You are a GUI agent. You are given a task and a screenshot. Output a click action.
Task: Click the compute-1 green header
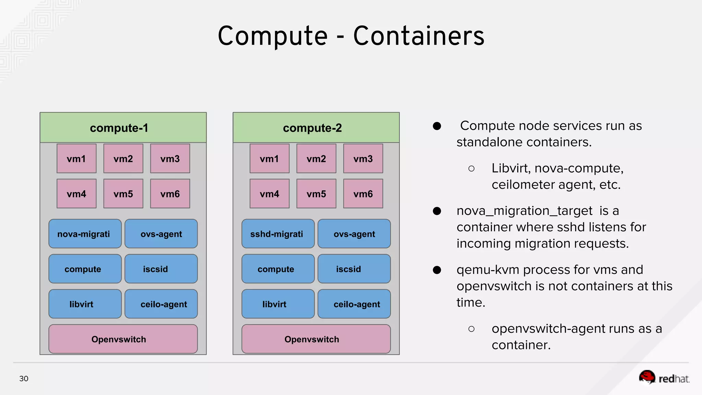point(123,128)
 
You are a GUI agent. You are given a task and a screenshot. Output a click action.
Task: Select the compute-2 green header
point(316,128)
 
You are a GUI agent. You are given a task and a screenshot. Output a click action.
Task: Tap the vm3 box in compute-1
point(170,158)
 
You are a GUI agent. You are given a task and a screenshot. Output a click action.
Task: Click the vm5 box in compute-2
point(316,194)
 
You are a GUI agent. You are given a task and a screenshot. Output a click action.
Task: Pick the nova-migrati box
point(85,234)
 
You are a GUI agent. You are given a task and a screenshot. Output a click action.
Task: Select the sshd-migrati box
point(278,234)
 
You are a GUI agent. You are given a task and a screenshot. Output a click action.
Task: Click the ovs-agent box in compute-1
point(161,234)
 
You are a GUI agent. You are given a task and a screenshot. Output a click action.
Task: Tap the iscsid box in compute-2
point(354,269)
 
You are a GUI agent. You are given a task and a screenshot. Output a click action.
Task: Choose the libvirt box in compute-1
point(85,304)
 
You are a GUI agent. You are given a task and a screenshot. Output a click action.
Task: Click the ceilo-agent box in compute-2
point(354,304)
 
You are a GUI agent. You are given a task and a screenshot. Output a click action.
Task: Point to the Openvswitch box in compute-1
point(123,339)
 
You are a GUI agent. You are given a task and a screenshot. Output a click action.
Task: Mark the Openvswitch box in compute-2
point(316,339)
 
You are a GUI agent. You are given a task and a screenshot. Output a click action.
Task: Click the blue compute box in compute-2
point(278,269)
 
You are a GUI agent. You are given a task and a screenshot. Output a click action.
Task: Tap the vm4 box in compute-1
point(76,194)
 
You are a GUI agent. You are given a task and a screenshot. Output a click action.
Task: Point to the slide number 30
point(24,379)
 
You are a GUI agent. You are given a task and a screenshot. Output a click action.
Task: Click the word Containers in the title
point(419,36)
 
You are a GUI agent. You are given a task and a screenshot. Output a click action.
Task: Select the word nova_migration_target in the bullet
point(524,211)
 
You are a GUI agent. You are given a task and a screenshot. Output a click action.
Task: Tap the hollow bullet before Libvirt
point(471,168)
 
